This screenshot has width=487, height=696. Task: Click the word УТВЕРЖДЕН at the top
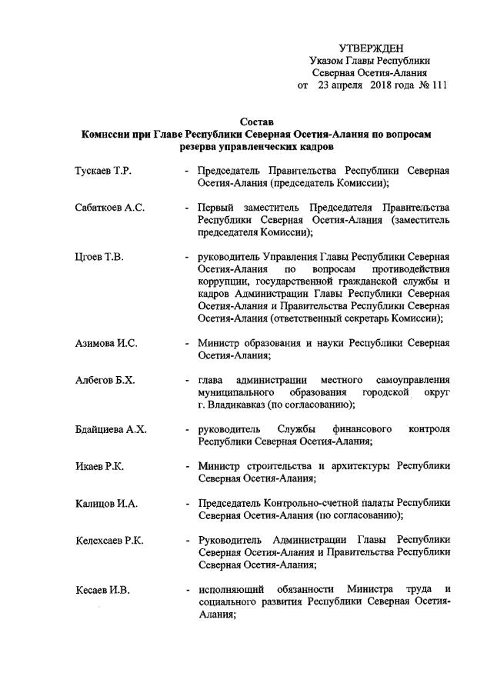pyautogui.click(x=371, y=48)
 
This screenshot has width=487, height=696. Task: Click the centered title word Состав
pyautogui.click(x=256, y=122)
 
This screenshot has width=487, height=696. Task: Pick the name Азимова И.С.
pyautogui.click(x=106, y=342)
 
